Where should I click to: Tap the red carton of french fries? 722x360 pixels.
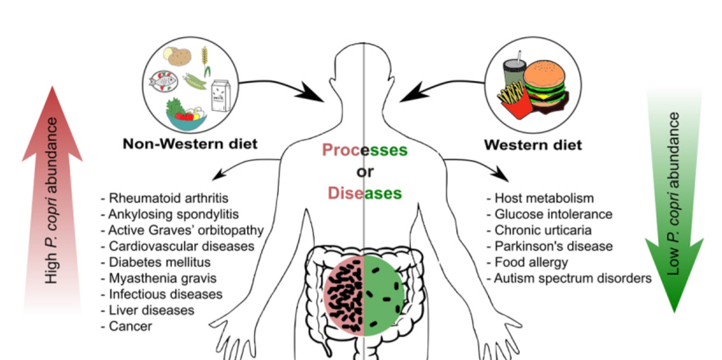514,102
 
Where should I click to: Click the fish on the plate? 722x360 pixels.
163,81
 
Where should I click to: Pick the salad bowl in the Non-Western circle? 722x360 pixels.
186,116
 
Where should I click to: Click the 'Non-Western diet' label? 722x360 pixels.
190,144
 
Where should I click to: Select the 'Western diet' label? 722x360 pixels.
533,145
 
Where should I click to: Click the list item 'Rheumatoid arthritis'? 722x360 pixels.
168,198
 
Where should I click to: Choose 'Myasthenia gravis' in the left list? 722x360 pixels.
162,278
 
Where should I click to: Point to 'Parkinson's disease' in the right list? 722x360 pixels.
553,246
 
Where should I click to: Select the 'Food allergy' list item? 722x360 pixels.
531,262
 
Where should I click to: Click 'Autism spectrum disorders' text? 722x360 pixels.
572,278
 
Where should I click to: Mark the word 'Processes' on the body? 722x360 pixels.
365,150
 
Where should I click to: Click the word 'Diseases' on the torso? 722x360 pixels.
365,193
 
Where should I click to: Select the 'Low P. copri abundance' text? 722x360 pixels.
673,194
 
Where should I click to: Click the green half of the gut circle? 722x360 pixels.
383,295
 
